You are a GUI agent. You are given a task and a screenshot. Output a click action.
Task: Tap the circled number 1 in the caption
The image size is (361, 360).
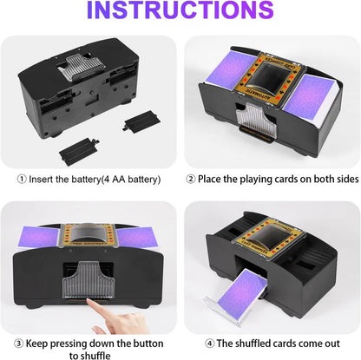pyautogui.click(x=23, y=180)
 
